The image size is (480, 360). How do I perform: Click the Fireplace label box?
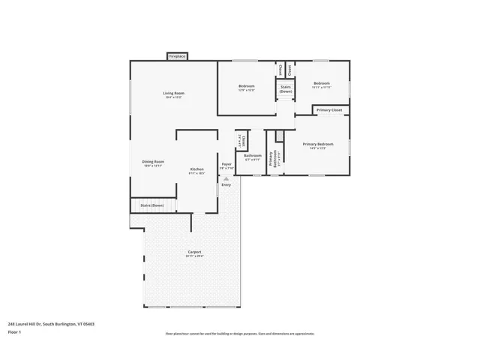(x=177, y=56)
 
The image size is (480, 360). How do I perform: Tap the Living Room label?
(x=173, y=95)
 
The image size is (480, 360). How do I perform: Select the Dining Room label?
(x=153, y=163)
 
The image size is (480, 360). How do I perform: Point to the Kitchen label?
(x=196, y=170)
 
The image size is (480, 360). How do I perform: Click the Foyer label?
(x=226, y=166)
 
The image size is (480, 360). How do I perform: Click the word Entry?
(x=226, y=184)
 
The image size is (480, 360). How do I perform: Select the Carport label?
(x=194, y=253)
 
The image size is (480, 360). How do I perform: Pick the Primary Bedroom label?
(x=318, y=145)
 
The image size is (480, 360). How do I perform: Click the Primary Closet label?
(x=328, y=110)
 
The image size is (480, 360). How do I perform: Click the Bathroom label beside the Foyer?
(x=252, y=157)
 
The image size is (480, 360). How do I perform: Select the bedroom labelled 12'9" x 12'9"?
(x=247, y=88)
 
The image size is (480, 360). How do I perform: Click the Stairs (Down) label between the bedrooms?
(x=286, y=88)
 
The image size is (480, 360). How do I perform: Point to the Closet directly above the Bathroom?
(x=243, y=140)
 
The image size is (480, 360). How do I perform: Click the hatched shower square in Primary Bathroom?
(x=280, y=136)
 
